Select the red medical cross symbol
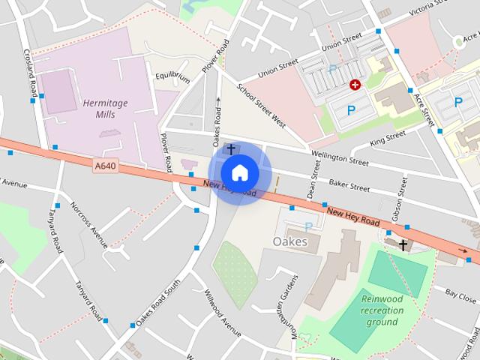point(355,85)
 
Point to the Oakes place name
point(290,242)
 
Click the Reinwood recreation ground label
point(382,310)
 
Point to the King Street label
point(388,138)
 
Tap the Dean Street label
point(313,180)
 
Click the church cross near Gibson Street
point(403,245)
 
